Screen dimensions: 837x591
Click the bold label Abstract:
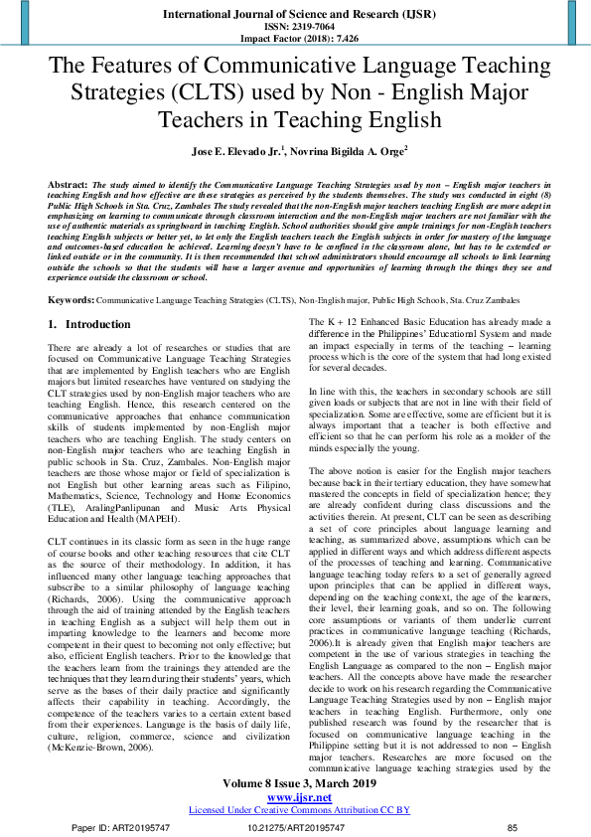point(68,186)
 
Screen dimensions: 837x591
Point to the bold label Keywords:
point(72,299)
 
